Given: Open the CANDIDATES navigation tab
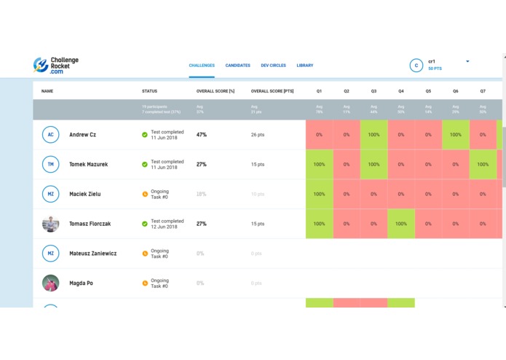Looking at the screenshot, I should pos(237,66).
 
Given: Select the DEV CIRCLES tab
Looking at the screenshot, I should pos(273,66).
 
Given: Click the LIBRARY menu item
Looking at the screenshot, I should pos(305,66).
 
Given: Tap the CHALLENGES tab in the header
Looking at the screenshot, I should pos(202,66).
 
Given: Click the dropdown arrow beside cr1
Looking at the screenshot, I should pos(467,61).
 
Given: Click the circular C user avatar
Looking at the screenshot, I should pos(416,66).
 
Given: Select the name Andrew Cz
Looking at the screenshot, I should pos(82,135).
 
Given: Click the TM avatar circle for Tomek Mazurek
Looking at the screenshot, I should pos(50,165).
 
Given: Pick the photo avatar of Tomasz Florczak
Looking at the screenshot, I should pos(50,224).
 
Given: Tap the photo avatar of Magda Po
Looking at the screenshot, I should pos(50,283).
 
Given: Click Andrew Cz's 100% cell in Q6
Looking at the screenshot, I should pos(456,135).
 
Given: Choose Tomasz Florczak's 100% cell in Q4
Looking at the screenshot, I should pos(401,224).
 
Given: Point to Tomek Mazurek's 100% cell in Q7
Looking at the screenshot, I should pos(483,165).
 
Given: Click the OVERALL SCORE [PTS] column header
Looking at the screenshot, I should pos(272,91).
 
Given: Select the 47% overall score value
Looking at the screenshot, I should pos(202,135).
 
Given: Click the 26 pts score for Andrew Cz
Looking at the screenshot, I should pos(257,135).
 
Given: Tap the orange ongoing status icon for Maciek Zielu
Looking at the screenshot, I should pos(145,195).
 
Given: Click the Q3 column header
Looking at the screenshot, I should pos(373,91).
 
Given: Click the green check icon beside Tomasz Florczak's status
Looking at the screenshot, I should pos(145,224).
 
